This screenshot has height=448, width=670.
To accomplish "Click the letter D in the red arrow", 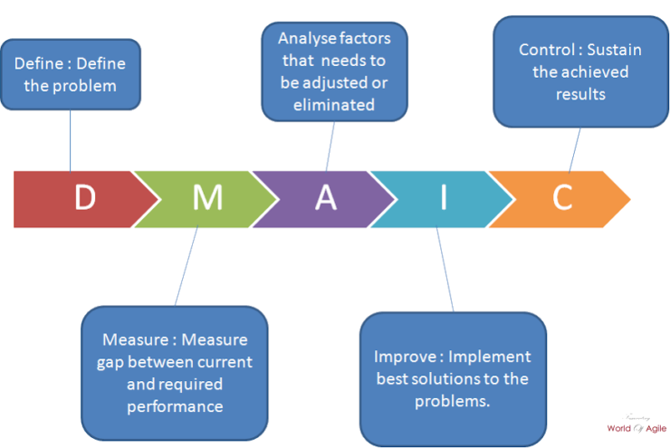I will coord(84,197).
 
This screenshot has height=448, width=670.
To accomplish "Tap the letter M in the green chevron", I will coord(207,197).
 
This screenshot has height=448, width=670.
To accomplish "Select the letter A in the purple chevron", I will coord(326,197).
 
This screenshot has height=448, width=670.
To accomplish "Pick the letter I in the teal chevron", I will coord(444,197).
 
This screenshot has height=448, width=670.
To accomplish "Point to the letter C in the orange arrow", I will coord(562,197).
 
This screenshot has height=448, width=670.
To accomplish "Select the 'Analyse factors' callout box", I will coord(334,71).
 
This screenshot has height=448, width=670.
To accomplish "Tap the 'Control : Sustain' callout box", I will coord(580,71).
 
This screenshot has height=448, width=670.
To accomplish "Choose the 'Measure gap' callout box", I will coord(174,373).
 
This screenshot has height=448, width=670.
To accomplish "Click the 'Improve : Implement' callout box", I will coord(453,378).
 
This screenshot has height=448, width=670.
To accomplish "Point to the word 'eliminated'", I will coord(334,105).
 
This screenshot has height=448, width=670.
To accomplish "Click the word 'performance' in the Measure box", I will coord(175,406).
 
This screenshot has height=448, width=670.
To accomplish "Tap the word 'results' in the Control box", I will coord(580,94).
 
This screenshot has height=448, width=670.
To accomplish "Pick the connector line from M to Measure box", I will coord(187,267).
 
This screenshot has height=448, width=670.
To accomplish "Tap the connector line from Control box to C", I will coord(574,148).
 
